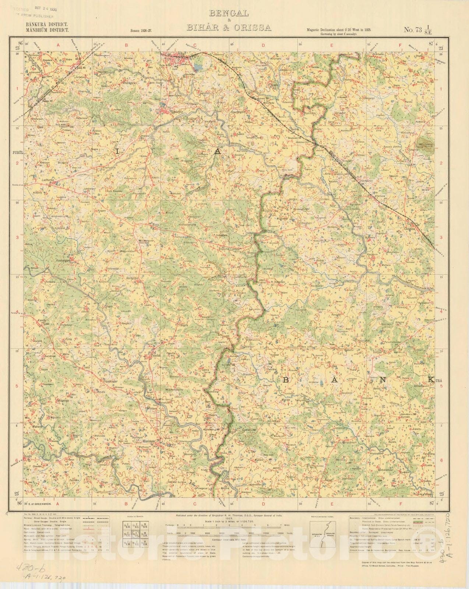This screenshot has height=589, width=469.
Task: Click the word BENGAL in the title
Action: (x=229, y=14)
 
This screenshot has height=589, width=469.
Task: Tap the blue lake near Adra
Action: (x=198, y=67)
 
